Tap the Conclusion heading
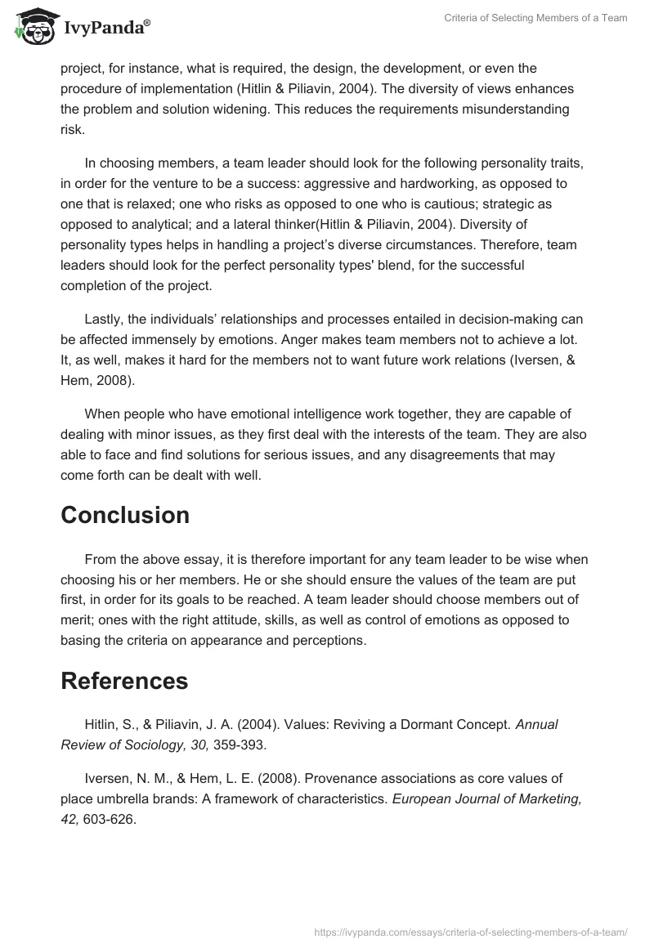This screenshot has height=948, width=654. pos(125,515)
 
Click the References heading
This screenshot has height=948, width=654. pos(124,680)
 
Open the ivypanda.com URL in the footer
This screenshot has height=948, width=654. pos(472,931)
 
